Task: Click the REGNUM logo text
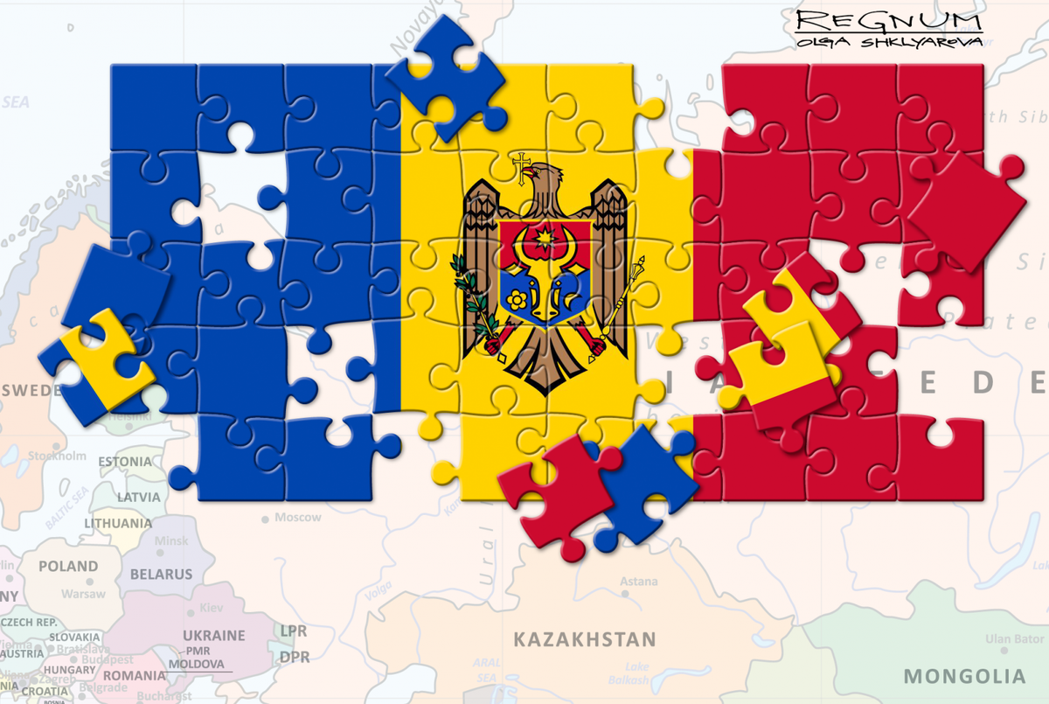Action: (888, 20)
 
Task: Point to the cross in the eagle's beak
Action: (522, 166)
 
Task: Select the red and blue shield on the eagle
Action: (542, 271)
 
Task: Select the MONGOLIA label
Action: (964, 676)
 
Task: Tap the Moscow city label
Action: (297, 518)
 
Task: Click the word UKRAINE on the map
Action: (213, 636)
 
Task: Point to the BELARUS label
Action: (161, 575)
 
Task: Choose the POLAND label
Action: (68, 567)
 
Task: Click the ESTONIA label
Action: (124, 461)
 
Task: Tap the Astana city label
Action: (638, 582)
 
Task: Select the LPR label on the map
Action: (293, 630)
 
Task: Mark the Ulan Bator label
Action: (1014, 640)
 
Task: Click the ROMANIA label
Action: (135, 675)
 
